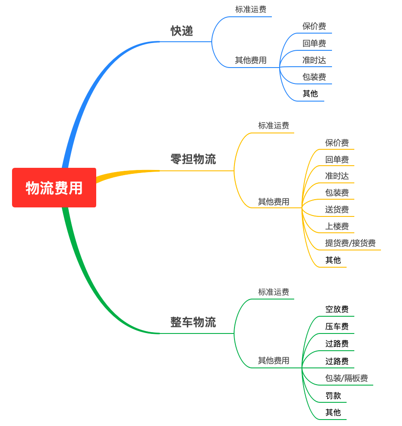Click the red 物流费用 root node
click(54, 188)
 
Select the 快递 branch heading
click(182, 31)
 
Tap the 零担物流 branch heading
click(193, 159)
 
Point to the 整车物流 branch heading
click(193, 322)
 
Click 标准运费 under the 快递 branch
click(251, 9)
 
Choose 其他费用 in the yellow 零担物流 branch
click(274, 201)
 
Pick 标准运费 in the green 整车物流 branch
click(274, 292)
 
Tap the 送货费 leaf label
click(337, 210)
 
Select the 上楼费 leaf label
click(337, 226)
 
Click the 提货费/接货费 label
click(350, 243)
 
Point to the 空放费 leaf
click(337, 309)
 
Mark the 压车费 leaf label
click(337, 326)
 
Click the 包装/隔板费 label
click(347, 378)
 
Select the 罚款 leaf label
click(333, 395)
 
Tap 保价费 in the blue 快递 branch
click(314, 26)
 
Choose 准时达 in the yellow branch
click(337, 176)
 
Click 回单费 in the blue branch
click(314, 43)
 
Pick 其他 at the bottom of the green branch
click(333, 412)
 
